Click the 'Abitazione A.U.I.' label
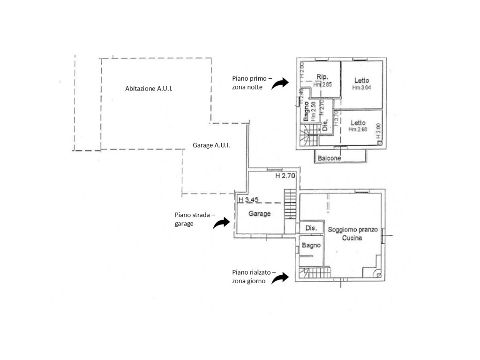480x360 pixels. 149,88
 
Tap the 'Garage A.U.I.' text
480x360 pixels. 211,145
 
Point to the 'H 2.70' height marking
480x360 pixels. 285,177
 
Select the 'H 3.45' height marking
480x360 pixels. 248,199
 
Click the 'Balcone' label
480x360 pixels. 329,158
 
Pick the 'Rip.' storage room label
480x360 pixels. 322,77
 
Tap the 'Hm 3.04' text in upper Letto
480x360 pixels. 361,87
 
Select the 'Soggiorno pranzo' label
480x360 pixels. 352,230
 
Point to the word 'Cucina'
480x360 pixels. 352,238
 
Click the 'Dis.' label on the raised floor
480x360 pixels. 311,228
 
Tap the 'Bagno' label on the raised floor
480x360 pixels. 311,245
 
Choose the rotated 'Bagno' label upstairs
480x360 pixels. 306,111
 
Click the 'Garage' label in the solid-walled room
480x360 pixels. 259,214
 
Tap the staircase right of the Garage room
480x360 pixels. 291,205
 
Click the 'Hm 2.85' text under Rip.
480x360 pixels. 322,84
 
